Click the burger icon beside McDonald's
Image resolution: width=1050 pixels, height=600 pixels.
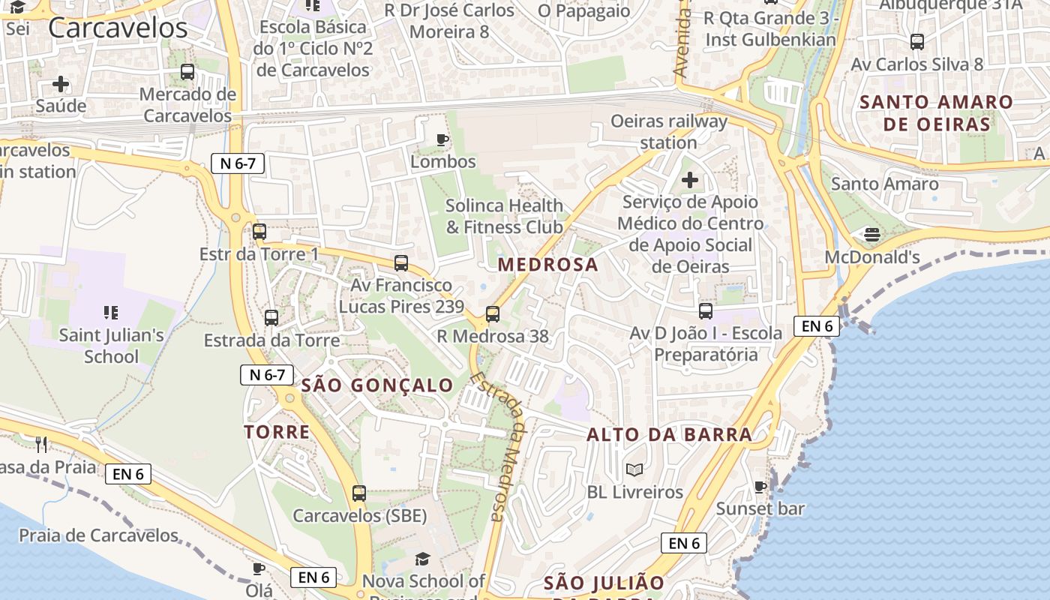(x=871, y=235)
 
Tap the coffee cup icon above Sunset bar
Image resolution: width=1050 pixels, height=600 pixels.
(x=760, y=487)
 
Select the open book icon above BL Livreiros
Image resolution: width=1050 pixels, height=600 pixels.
(x=634, y=470)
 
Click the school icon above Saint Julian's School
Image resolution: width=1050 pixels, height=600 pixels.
(x=111, y=312)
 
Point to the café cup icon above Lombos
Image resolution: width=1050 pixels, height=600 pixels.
(x=442, y=139)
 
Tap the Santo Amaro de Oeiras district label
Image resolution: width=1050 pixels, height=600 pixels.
(x=936, y=113)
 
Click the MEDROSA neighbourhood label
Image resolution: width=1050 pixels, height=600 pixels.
(x=547, y=264)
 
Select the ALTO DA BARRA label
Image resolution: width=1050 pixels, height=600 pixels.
(x=669, y=434)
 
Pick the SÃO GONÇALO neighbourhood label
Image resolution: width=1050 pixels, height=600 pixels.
(x=377, y=385)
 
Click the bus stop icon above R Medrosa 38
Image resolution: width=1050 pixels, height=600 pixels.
(x=493, y=314)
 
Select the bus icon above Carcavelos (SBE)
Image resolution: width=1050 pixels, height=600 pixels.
(x=359, y=493)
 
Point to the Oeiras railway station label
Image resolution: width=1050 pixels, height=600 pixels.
(x=668, y=132)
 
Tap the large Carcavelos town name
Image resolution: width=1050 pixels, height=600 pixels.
(x=118, y=28)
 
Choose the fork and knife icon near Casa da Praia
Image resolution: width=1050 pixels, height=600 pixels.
(x=41, y=445)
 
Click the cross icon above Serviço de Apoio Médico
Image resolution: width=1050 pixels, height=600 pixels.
(x=689, y=180)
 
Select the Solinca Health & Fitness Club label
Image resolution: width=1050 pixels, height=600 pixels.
(x=504, y=216)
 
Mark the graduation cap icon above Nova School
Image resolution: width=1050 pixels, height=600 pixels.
(x=423, y=559)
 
